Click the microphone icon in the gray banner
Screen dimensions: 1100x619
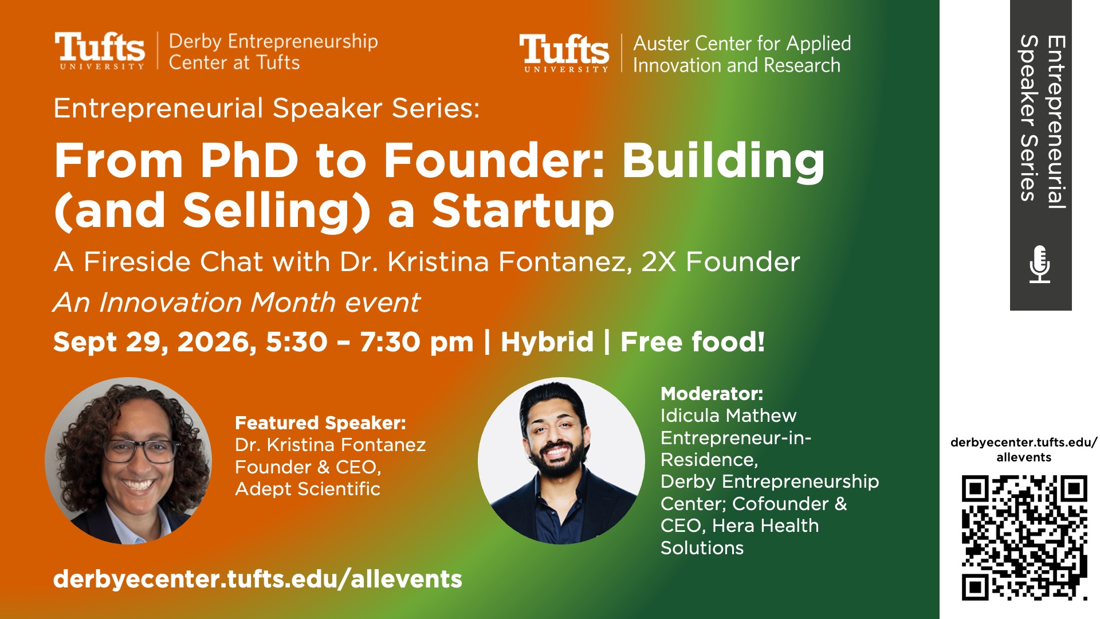pyautogui.click(x=1039, y=264)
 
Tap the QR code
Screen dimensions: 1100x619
pyautogui.click(x=1024, y=538)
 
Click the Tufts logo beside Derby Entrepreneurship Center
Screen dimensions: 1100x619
pyautogui.click(x=100, y=51)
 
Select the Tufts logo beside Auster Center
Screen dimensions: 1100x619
pyautogui.click(x=564, y=53)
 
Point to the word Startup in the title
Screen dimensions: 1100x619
pyautogui.click(x=523, y=211)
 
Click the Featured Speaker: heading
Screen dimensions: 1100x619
pyautogui.click(x=320, y=423)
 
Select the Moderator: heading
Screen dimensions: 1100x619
pyautogui.click(x=712, y=394)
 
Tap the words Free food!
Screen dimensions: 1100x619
pyautogui.click(x=693, y=342)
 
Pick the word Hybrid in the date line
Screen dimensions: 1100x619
pyautogui.click(x=547, y=342)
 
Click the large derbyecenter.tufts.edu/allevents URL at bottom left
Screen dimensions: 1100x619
pyautogui.click(x=258, y=579)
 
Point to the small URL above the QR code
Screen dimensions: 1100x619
pyautogui.click(x=1024, y=450)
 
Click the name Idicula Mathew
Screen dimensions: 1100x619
pyautogui.click(x=728, y=416)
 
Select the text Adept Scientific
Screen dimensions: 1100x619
pyautogui.click(x=308, y=489)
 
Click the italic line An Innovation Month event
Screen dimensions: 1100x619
pyautogui.click(x=237, y=302)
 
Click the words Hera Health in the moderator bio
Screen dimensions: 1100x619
pyautogui.click(x=765, y=526)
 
